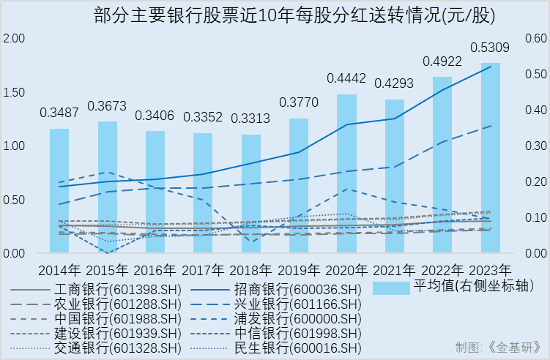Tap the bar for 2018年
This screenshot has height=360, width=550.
click(251, 194)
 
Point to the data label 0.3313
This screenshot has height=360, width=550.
click(251, 119)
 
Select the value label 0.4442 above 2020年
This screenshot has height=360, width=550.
click(346, 78)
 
